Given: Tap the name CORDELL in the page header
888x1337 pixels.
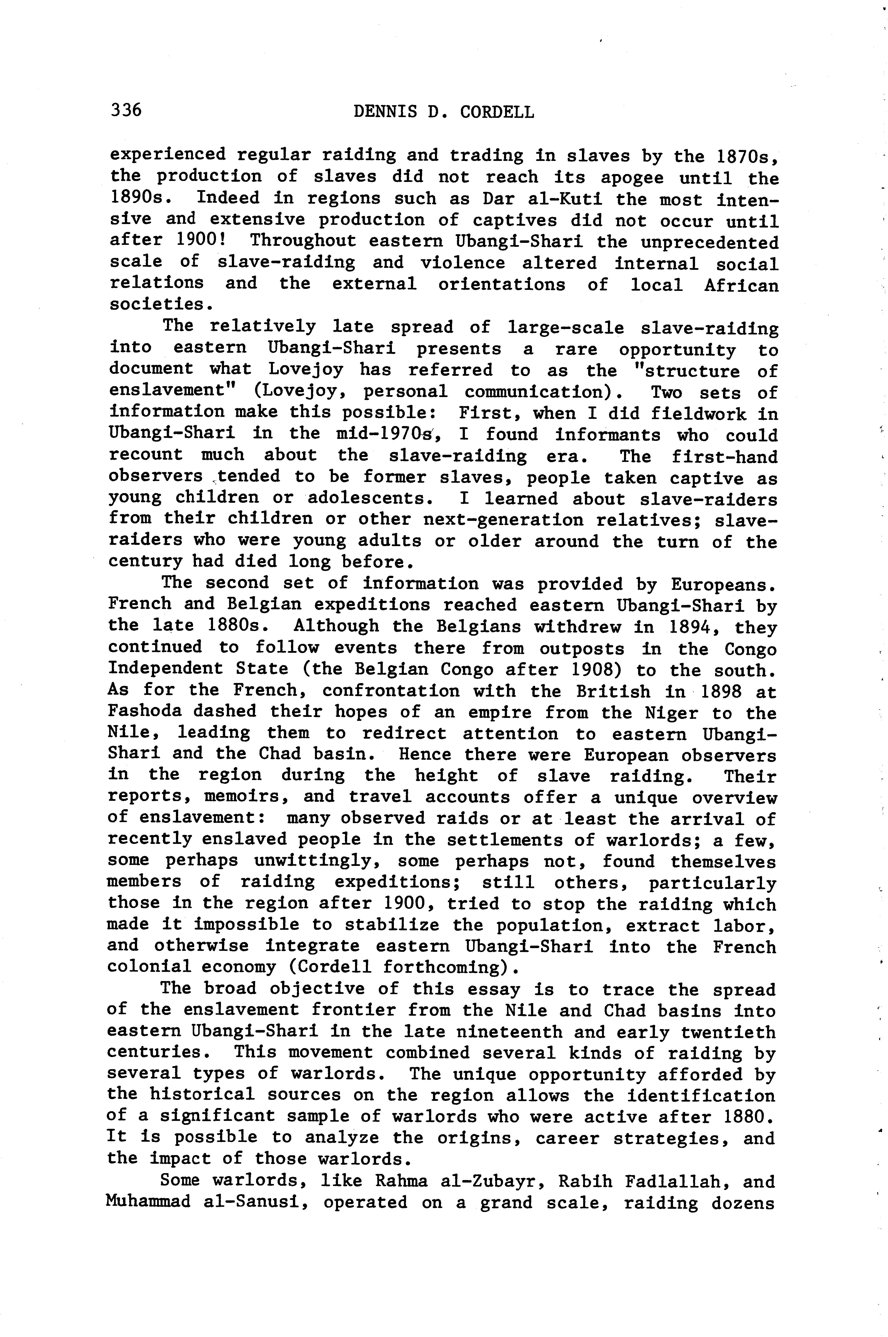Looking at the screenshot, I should tap(497, 112).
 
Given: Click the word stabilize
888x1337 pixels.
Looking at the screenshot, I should tap(392, 925).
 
